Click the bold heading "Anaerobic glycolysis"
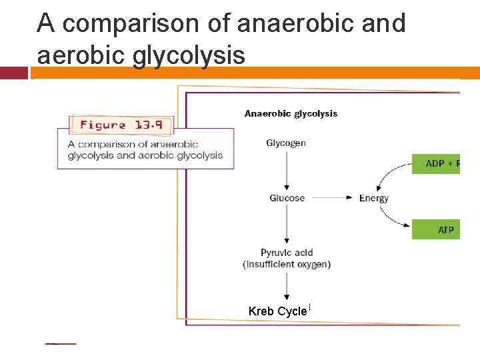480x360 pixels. coord(291,113)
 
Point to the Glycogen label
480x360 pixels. coord(286,143)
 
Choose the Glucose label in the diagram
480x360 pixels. coord(287,198)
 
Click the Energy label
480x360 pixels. coord(373,198)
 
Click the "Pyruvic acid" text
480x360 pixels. coord(287,253)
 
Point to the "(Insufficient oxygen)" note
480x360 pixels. coord(287,264)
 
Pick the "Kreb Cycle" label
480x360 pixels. coord(277,311)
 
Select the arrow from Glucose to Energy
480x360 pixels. coord(331,198)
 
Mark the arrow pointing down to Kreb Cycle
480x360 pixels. coord(287,285)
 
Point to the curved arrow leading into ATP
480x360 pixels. coord(393,221)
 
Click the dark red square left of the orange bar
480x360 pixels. coord(13,73)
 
